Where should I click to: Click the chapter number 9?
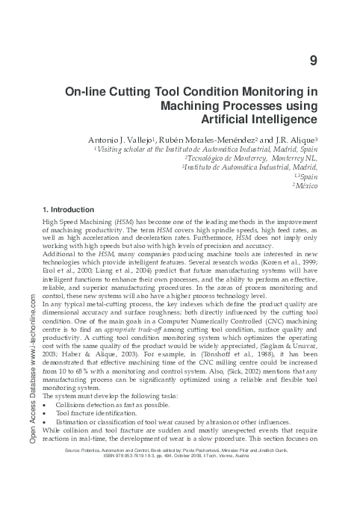pos(313,60)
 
